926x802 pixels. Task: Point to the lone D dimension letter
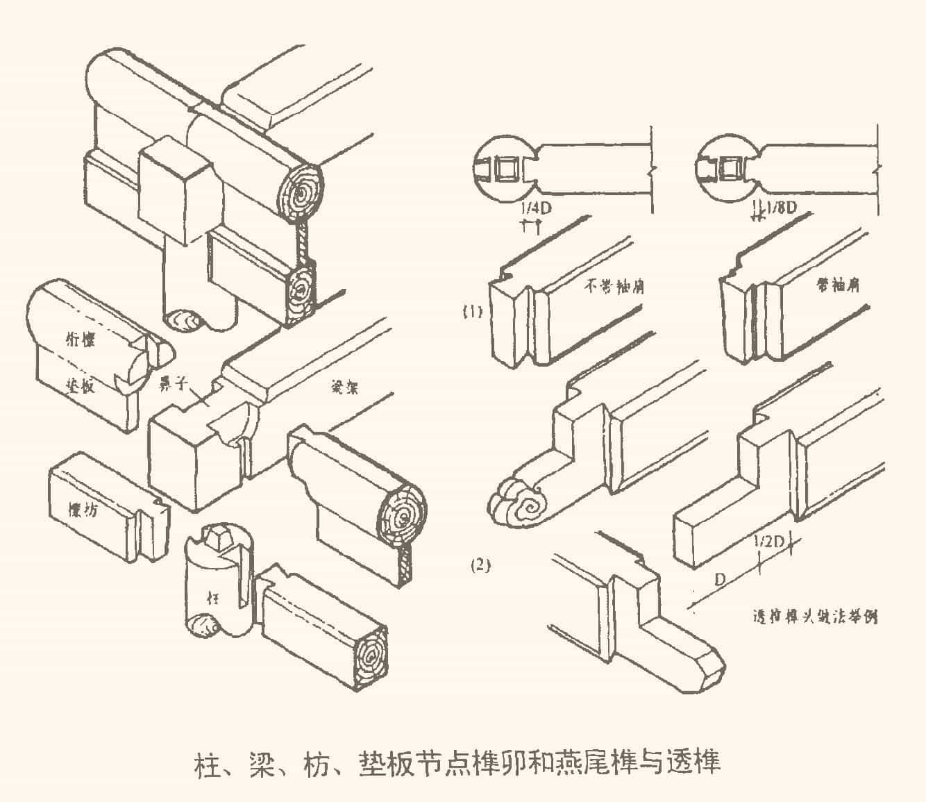tap(721, 578)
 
